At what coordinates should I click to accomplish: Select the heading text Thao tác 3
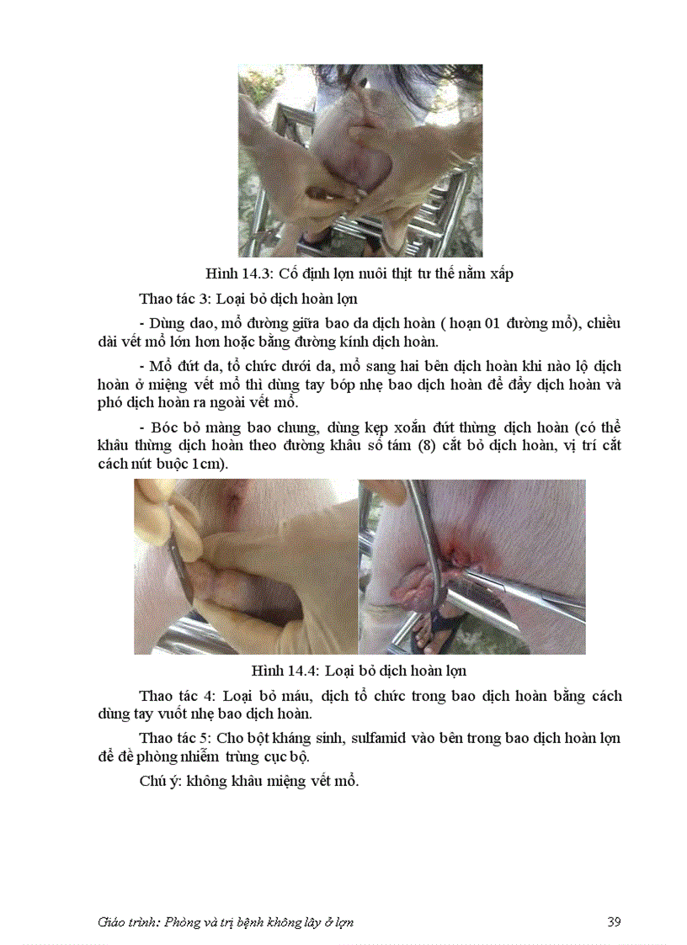point(175,299)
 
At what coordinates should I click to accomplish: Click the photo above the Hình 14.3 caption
point(359,160)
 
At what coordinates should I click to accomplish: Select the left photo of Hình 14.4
point(245,566)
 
